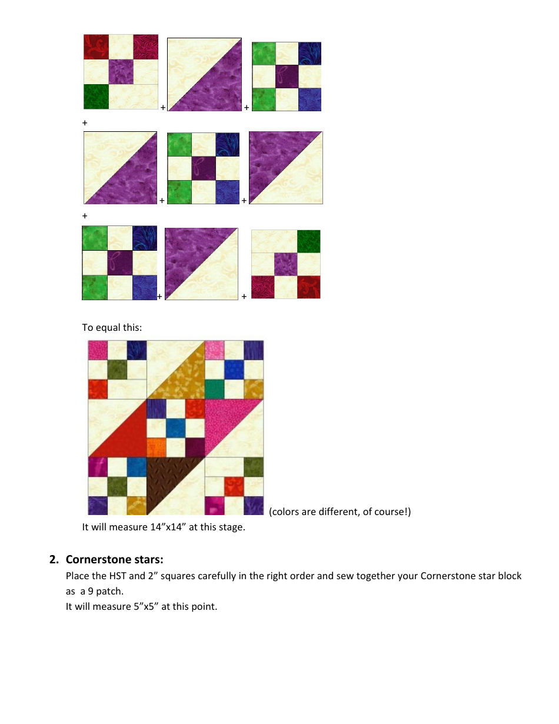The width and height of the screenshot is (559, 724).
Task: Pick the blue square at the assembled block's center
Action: point(175,428)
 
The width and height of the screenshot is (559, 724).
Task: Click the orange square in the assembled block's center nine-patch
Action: point(156,447)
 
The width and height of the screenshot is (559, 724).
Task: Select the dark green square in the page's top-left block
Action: point(96,97)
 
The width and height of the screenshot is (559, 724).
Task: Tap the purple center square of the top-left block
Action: point(121,72)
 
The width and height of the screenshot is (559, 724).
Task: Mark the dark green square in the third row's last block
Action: point(308,241)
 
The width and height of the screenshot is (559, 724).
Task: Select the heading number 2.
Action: point(54,559)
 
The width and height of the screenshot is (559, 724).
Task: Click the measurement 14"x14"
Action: point(170,527)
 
